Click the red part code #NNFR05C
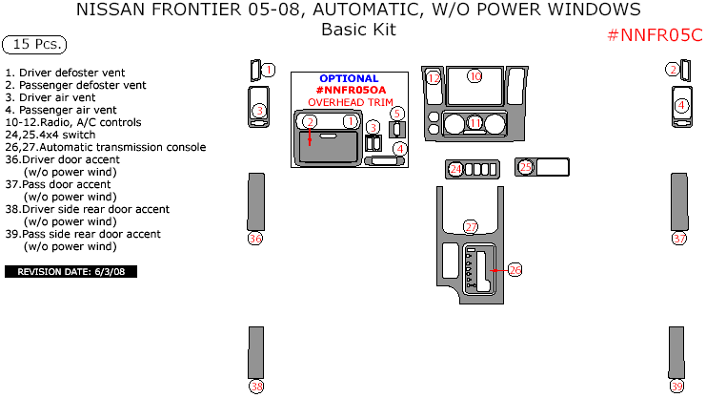point(655,35)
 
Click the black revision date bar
point(71,272)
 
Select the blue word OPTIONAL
point(349,78)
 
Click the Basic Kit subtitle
point(357,30)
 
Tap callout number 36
point(254,239)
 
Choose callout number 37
point(679,239)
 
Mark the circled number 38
point(256,387)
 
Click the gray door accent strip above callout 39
point(676,352)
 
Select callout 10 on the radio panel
point(474,75)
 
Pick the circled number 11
point(474,123)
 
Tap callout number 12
point(434,77)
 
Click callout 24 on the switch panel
point(455,169)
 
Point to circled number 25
point(526,167)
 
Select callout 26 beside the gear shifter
point(514,270)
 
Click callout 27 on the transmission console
point(471,227)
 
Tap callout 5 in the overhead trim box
point(397,114)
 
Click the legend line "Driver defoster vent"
point(67,73)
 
